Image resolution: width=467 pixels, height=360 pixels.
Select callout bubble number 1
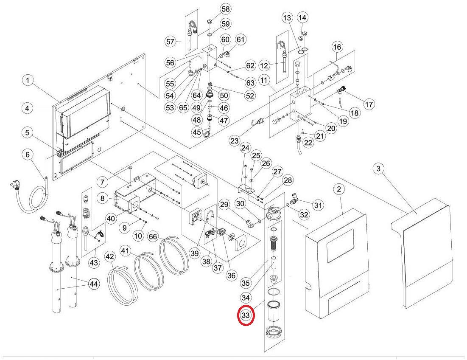point(28,80)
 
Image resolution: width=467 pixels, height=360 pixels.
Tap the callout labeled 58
point(225,9)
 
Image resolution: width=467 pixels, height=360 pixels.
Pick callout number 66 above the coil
point(153,236)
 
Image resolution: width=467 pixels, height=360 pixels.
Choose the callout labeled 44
point(94,284)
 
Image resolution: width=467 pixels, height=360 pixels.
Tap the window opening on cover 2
point(340,246)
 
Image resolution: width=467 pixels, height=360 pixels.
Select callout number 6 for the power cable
point(28,155)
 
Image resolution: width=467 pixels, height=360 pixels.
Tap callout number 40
point(110,219)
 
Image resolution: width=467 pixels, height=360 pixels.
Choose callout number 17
point(369,104)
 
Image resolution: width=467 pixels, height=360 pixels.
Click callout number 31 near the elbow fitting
point(318,205)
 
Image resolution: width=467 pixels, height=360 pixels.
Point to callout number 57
point(171,42)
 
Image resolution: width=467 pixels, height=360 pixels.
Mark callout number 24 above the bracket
point(245,148)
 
